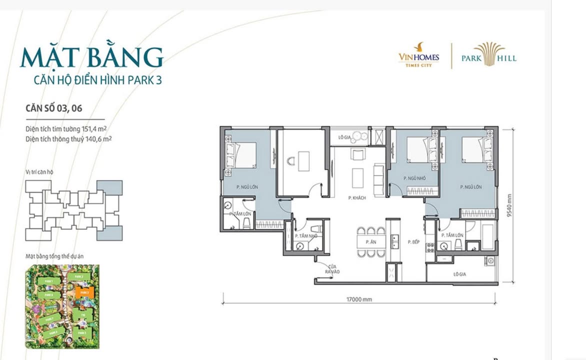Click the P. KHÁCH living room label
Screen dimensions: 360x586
(x=357, y=198)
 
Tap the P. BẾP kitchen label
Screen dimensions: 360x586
(x=413, y=242)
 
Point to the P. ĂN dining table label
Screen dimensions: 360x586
(x=370, y=242)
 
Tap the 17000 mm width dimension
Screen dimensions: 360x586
(x=359, y=299)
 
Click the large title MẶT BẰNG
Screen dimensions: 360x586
(x=91, y=58)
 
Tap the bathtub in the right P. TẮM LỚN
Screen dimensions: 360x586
(x=483, y=235)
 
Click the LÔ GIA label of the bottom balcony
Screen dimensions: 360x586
(x=459, y=274)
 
